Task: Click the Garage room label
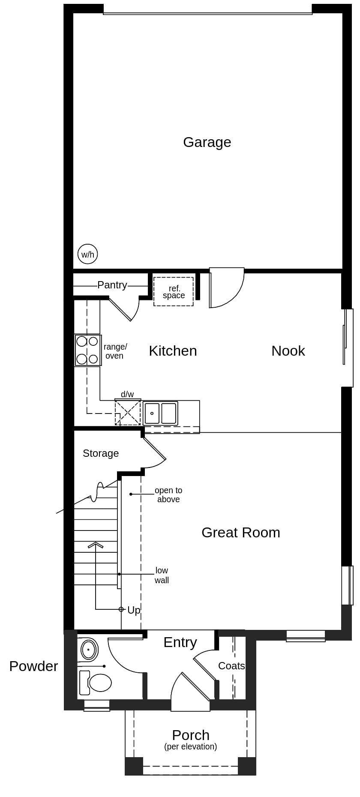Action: point(207,142)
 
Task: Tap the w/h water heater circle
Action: point(87,255)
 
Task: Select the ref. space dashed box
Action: point(174,292)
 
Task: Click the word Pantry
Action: point(112,285)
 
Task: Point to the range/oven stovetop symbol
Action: point(87,350)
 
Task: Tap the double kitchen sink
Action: point(160,413)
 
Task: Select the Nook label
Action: point(288,351)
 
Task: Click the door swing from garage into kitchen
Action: point(227,287)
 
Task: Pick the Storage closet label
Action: point(101,453)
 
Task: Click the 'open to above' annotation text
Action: point(168,495)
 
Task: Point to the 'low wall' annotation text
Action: point(162,575)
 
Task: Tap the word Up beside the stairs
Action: point(134,610)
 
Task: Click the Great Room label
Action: point(240,533)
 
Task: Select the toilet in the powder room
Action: point(97,683)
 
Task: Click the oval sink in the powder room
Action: point(89,650)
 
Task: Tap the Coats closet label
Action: point(231,666)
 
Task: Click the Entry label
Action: point(180,642)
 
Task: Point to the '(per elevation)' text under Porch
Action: point(190,747)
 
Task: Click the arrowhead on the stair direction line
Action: point(96,545)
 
